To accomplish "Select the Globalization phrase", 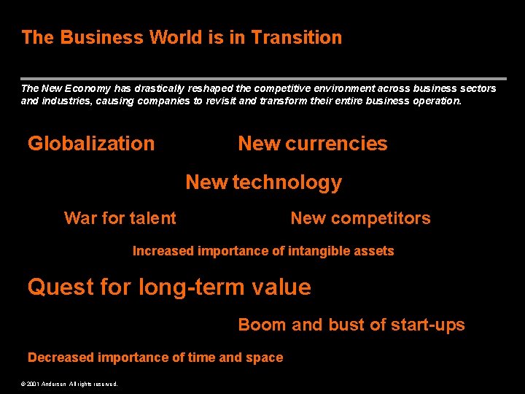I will pyautogui.click(x=91, y=144).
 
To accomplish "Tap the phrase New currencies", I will pyautogui.click(x=313, y=144).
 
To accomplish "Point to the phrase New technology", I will pyautogui.click(x=263, y=182).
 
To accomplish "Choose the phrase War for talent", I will pyautogui.click(x=120, y=218).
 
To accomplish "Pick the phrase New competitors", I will pyautogui.click(x=360, y=218).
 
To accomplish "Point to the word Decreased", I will pyautogui.click(x=61, y=358).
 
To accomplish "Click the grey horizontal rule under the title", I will pyautogui.click(x=262, y=78).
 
